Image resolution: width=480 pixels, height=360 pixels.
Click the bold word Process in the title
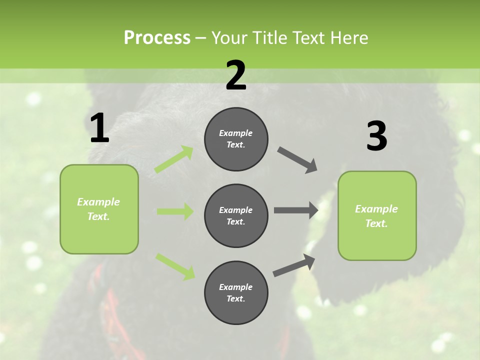point(157,37)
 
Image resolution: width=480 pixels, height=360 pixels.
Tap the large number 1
point(99,129)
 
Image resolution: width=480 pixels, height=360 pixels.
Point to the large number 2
point(236,75)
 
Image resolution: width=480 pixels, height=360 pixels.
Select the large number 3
point(376,137)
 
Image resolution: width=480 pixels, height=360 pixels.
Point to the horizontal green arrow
point(175,211)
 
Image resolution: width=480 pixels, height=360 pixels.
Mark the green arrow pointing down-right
point(175,266)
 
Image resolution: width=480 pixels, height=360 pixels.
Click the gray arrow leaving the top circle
point(297,160)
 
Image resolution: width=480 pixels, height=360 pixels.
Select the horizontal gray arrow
point(296,210)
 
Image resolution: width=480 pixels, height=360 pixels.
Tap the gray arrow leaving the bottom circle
point(294,265)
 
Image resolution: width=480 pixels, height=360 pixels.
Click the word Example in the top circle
point(236,133)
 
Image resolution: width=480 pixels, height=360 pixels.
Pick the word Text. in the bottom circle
point(236,298)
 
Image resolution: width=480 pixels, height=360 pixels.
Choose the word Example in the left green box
point(98,202)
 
